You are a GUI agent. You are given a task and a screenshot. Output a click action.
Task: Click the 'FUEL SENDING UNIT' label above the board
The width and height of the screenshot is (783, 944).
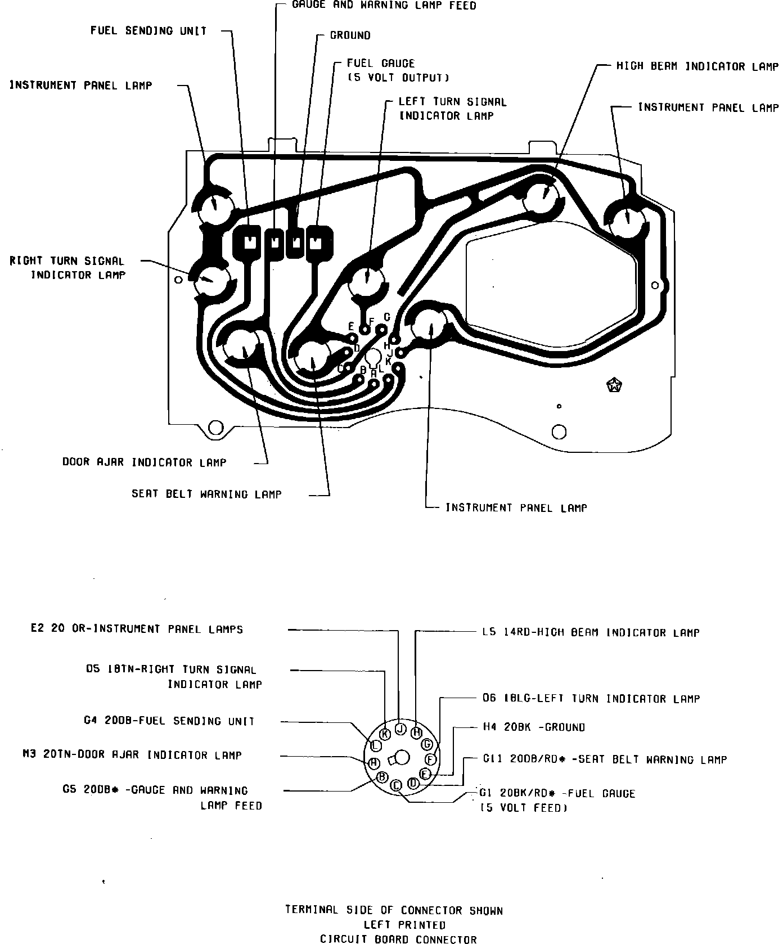pyautogui.click(x=148, y=31)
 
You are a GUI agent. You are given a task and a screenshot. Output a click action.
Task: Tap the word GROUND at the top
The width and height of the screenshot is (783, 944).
pyautogui.click(x=350, y=35)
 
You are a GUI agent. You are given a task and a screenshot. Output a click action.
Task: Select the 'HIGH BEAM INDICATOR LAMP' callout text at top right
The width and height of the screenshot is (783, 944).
pyautogui.click(x=697, y=66)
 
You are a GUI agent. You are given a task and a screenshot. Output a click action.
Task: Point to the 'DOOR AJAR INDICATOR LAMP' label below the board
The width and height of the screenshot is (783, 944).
pyautogui.click(x=144, y=462)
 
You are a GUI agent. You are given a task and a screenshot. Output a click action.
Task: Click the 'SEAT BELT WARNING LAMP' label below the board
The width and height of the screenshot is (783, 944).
pyautogui.click(x=206, y=494)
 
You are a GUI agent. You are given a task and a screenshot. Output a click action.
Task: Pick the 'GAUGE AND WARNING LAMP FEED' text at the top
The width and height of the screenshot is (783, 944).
pyautogui.click(x=384, y=6)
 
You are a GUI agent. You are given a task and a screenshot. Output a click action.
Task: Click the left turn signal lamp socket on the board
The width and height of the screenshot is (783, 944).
pyautogui.click(x=366, y=278)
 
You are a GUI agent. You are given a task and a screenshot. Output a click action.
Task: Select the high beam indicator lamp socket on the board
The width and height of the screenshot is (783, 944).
pyautogui.click(x=543, y=197)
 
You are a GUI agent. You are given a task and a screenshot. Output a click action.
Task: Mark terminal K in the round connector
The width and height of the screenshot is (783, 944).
pyautogui.click(x=385, y=734)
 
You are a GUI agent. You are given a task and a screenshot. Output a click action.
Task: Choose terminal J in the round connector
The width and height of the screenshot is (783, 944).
pyautogui.click(x=400, y=729)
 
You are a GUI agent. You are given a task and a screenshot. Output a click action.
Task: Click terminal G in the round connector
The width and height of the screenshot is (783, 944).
pyautogui.click(x=427, y=744)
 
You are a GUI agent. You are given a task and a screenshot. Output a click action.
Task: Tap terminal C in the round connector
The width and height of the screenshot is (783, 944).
pyautogui.click(x=396, y=785)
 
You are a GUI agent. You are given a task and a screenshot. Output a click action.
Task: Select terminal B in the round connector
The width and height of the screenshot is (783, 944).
pyautogui.click(x=382, y=777)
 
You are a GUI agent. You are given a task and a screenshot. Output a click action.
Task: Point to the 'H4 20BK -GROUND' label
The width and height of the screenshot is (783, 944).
pyautogui.click(x=534, y=727)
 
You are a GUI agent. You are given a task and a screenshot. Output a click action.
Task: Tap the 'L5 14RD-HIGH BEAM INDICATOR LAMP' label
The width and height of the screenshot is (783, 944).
pyautogui.click(x=591, y=632)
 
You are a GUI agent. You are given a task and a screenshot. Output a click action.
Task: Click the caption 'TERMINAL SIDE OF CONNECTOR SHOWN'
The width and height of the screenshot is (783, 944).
pyautogui.click(x=394, y=910)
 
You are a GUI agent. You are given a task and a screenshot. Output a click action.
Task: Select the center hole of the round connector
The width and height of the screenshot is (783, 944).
pyautogui.click(x=403, y=758)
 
